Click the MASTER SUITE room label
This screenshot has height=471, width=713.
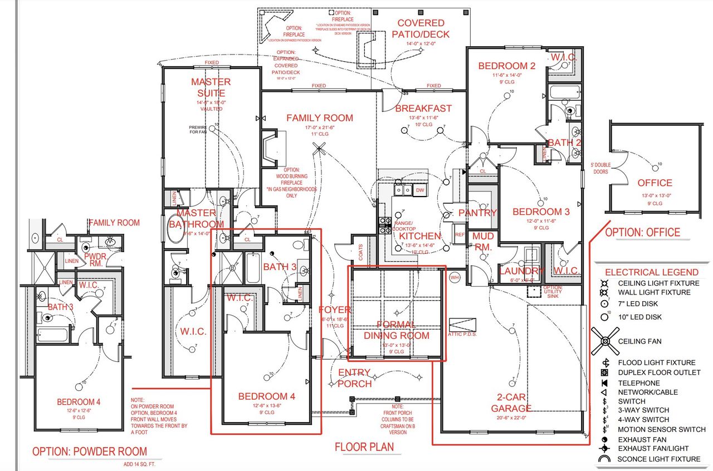pos(211,87)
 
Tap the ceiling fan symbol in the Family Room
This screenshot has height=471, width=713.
pos(319,149)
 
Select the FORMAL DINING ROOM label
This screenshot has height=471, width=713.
pos(397,330)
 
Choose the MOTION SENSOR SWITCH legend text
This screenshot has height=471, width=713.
pos(661,429)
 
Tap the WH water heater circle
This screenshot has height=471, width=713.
pos(454,278)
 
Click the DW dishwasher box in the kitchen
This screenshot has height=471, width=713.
pos(420,190)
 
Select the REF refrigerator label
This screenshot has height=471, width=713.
pos(459,234)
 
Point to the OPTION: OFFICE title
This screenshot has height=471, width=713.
pos(642,232)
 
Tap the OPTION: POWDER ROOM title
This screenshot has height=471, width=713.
pos(90,452)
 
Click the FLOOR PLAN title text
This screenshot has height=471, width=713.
pos(364,447)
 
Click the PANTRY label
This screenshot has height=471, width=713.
pos(477,213)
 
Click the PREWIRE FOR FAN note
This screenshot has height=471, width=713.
pos(197,130)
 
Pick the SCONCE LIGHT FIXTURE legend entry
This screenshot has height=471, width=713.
pos(659,459)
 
